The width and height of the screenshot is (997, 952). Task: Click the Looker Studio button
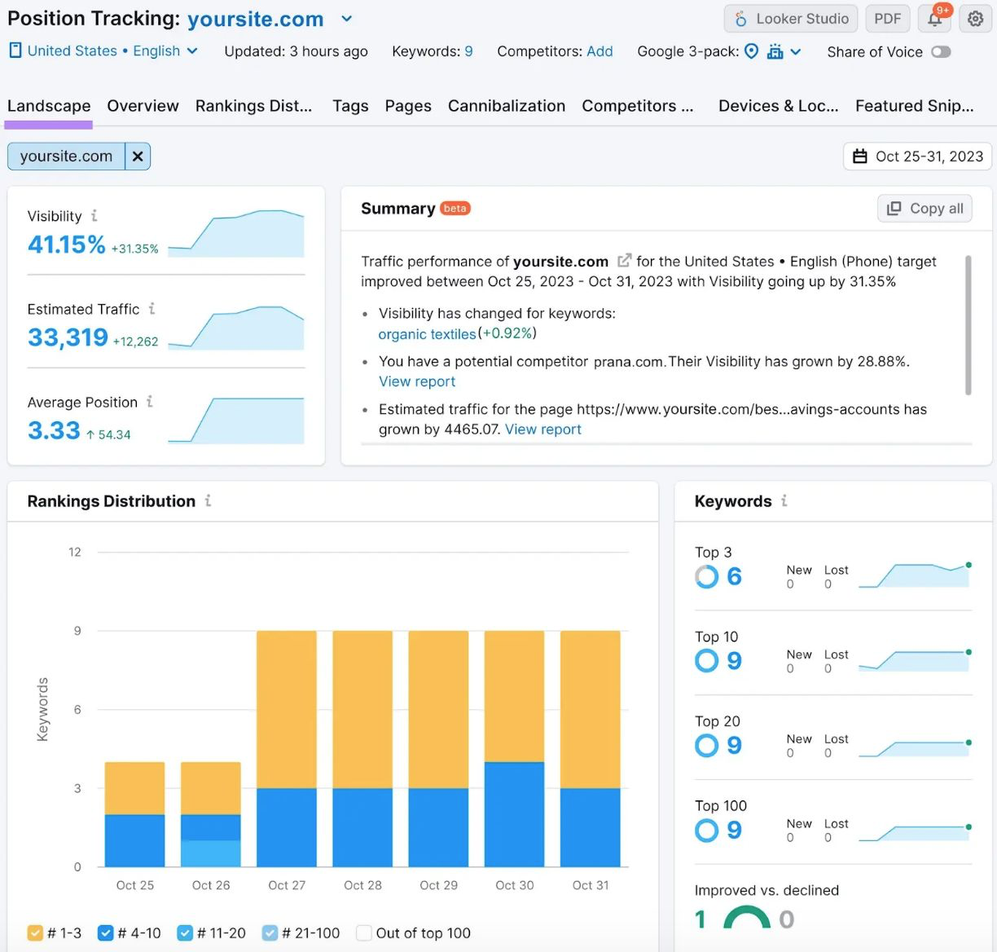tap(790, 19)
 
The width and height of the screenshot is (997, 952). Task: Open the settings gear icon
tap(975, 19)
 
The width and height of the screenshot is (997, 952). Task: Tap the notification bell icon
tap(935, 19)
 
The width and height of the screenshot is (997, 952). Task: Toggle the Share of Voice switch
tap(941, 52)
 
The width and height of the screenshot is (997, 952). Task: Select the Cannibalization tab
tap(506, 106)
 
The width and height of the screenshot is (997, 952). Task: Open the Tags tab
tap(350, 106)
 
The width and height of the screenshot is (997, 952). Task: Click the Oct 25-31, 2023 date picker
tap(917, 156)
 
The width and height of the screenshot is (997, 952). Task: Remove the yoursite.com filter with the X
tap(138, 156)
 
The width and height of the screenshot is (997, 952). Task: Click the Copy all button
tap(926, 209)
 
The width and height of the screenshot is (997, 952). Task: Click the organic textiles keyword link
tap(427, 334)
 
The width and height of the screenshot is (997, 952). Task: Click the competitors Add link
tap(600, 51)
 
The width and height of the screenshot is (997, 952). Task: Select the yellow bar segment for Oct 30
tap(514, 696)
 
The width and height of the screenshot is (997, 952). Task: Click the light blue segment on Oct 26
tap(210, 853)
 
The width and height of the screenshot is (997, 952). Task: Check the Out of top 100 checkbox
tap(364, 933)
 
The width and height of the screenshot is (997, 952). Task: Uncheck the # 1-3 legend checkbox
tap(35, 933)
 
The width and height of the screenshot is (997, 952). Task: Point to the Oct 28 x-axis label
tap(362, 885)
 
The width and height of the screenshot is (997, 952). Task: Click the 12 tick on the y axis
tap(75, 553)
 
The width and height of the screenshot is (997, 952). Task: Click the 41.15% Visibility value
tap(67, 245)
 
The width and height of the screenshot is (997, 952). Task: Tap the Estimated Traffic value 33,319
tap(68, 337)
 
